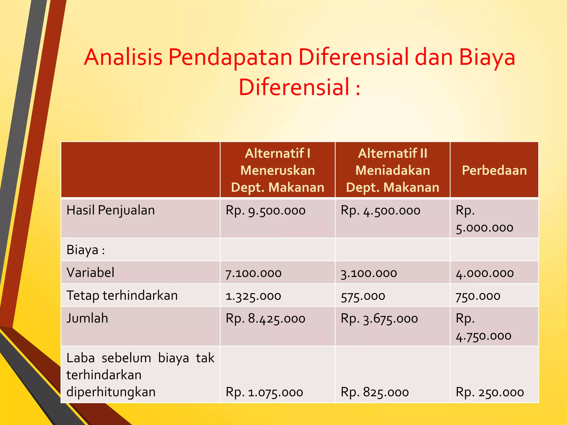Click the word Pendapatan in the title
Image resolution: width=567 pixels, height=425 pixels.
pos(230,57)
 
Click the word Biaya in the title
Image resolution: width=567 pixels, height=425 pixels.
pos(487,57)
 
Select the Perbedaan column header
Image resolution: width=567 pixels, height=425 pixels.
pos(494,170)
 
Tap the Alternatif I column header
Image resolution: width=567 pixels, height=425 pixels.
pos(278,170)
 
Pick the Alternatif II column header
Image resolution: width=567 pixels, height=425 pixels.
pos(393,170)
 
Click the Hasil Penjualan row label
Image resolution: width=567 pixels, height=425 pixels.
pos(110,210)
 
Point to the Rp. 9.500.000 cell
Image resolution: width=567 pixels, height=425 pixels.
pos(266,211)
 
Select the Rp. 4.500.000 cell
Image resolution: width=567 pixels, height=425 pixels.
pos(380,211)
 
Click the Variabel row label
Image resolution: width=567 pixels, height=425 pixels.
pos(90,273)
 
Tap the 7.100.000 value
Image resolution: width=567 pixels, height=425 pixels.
pos(253,273)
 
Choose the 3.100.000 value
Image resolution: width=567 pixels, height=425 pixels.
pos(368,273)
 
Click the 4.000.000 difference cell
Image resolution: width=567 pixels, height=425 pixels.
pos(485,273)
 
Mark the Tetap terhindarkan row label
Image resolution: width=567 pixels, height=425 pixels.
pos(122,296)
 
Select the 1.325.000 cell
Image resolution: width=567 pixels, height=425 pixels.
pos(253,296)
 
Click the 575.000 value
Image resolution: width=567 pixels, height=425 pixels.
pos(363,296)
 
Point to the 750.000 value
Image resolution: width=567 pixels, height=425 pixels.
pos(478,296)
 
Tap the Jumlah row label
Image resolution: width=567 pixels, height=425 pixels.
pos(87,318)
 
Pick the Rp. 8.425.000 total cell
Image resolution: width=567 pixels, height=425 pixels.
pos(266,319)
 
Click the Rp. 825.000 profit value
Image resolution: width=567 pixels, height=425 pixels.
pos(375,392)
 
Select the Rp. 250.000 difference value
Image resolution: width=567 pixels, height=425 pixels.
pos(490,392)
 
